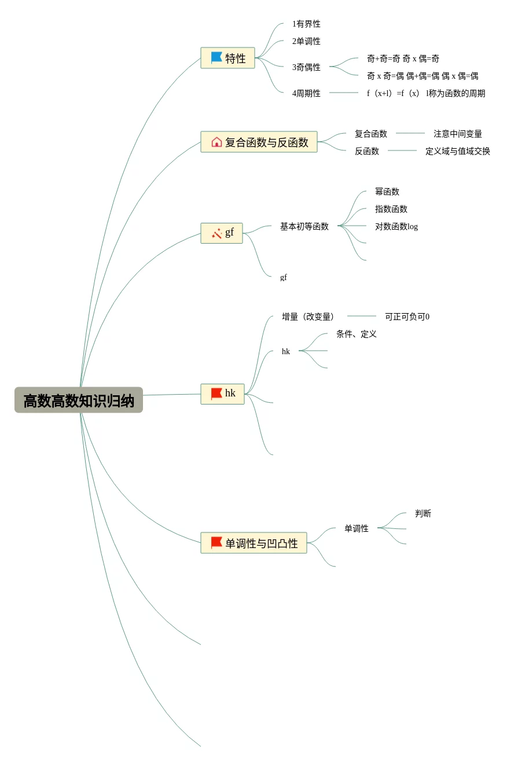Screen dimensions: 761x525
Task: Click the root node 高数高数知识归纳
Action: pos(79,400)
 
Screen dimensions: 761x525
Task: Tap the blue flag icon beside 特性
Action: pos(216,58)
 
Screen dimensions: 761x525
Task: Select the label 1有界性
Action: pos(306,24)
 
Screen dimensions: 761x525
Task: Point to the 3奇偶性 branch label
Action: pos(306,67)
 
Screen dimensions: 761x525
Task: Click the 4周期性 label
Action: pos(306,93)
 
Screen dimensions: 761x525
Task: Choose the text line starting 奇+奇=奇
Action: pos(403,58)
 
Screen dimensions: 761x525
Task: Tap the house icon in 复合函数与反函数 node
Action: pos(216,142)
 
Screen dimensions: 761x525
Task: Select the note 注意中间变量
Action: pos(457,134)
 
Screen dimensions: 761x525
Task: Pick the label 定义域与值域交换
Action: pos(457,151)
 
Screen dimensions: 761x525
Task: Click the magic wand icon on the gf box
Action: pos(216,233)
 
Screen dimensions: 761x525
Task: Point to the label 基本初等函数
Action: pos(304,226)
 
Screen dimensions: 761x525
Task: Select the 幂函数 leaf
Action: pos(387,192)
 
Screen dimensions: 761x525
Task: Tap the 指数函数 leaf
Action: pos(391,209)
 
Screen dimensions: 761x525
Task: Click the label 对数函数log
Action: pos(396,226)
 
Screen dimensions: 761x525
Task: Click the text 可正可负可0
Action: pos(407,317)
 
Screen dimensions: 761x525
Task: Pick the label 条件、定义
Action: pos(356,334)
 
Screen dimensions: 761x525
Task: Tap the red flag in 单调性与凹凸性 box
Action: pos(216,543)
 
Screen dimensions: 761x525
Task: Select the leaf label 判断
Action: pos(423,513)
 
